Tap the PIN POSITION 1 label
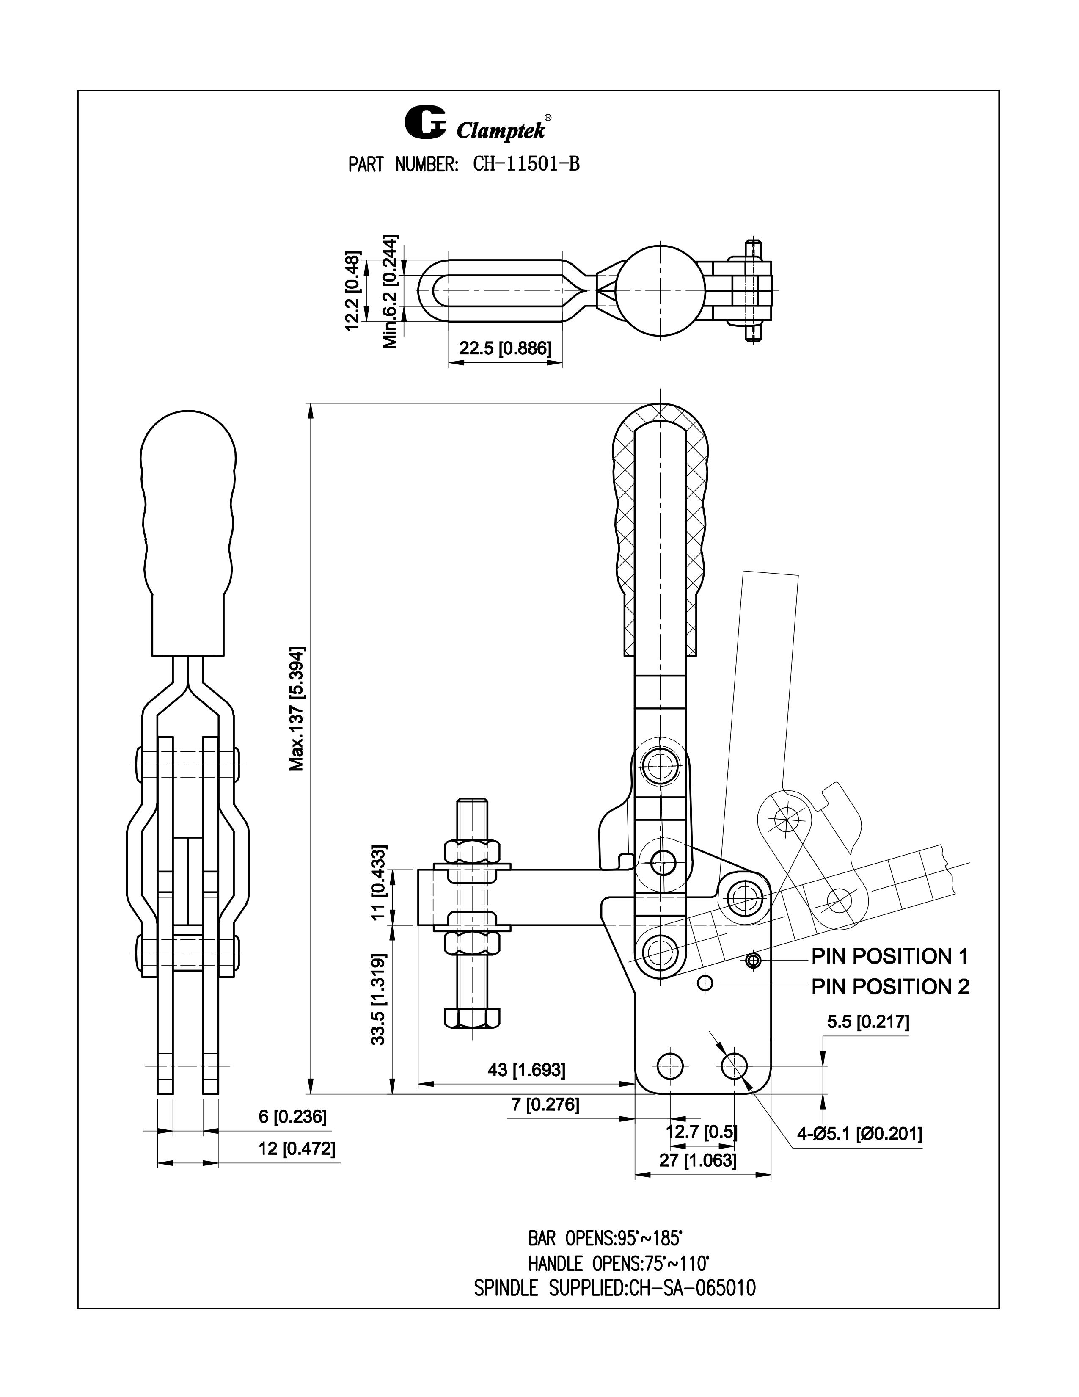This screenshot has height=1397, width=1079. pyautogui.click(x=889, y=956)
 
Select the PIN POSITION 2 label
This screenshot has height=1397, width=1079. pyautogui.click(x=890, y=987)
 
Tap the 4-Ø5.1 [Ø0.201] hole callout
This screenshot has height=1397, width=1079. pyautogui.click(x=859, y=1135)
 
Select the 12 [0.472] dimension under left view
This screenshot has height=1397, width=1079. pyautogui.click(x=296, y=1149)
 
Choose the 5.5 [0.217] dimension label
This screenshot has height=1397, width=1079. pyautogui.click(x=867, y=1022)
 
